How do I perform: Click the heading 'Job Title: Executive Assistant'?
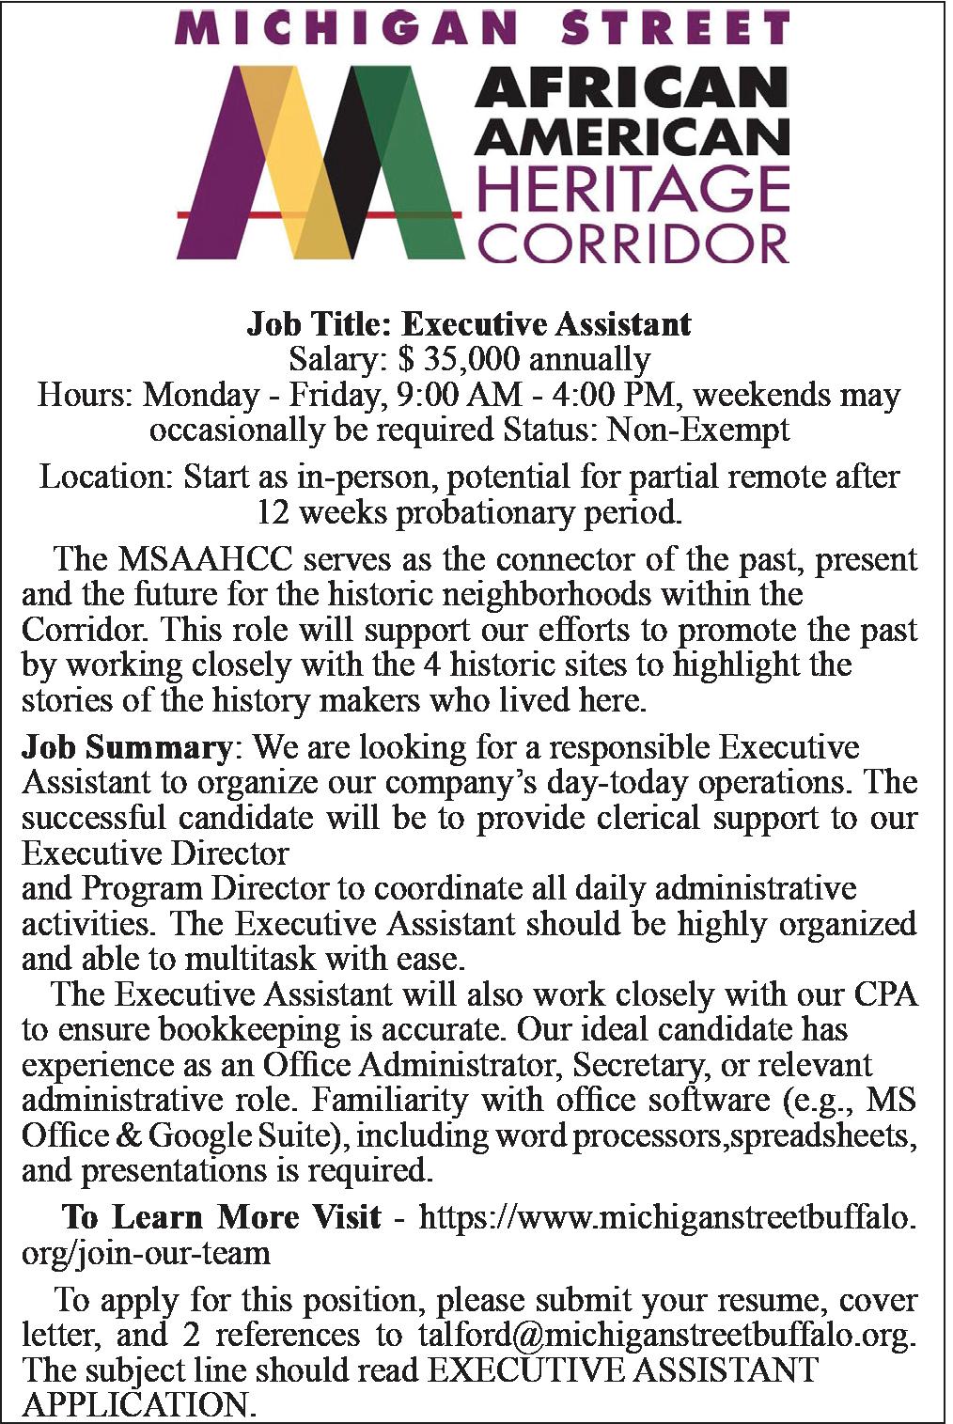468,324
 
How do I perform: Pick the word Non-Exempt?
698,430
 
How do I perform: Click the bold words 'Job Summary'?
126,748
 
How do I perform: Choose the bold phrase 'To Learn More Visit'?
222,1217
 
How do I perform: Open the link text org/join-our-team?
146,1253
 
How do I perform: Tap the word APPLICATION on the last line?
137,1405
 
